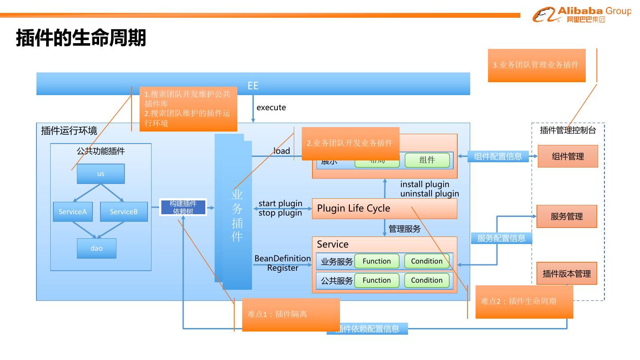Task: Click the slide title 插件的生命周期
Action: [81, 38]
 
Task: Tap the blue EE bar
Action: [253, 84]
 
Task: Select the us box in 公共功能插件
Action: [101, 174]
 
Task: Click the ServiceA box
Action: [72, 212]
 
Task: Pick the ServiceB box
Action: [124, 212]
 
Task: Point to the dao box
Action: [96, 248]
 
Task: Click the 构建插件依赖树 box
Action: [183, 208]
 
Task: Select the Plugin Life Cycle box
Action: [384, 208]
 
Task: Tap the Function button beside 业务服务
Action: [376, 261]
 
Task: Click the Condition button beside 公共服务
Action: [427, 280]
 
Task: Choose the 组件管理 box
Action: [568, 156]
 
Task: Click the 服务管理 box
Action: [567, 216]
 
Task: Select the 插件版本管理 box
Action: [567, 273]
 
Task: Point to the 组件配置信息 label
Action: [498, 156]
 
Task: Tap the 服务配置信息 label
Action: [501, 238]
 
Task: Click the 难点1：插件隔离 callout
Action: [291, 315]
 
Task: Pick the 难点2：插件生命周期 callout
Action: [524, 302]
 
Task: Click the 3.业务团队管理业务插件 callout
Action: [536, 65]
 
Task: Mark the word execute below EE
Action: [271, 108]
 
